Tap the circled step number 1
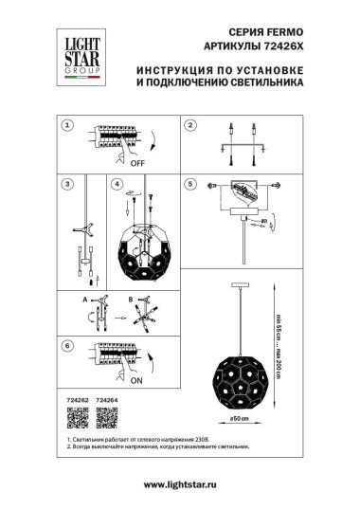pyautogui.click(x=67, y=126)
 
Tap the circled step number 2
pyautogui.click(x=189, y=126)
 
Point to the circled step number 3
pyautogui.click(x=67, y=184)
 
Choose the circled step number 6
pyautogui.click(x=67, y=347)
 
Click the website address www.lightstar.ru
pyautogui.click(x=180, y=485)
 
